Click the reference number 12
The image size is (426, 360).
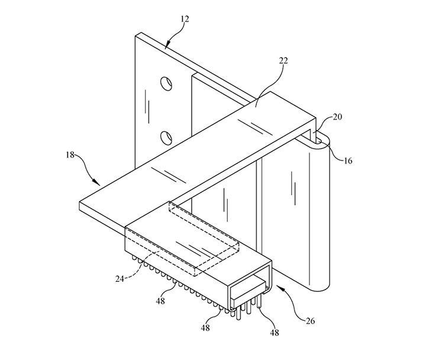click(x=185, y=19)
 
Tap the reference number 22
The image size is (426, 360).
click(x=283, y=60)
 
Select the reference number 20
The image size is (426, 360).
click(x=337, y=117)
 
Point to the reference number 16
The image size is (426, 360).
click(x=348, y=161)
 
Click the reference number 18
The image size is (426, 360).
click(x=70, y=155)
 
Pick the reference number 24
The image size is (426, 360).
click(x=120, y=279)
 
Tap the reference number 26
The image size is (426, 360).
click(x=310, y=321)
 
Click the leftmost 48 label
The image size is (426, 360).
click(x=160, y=301)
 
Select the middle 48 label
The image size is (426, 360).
click(x=205, y=328)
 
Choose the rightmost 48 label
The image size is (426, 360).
click(x=275, y=332)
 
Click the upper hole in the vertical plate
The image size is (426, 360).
click(x=166, y=83)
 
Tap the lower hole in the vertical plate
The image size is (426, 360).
click(x=166, y=138)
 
